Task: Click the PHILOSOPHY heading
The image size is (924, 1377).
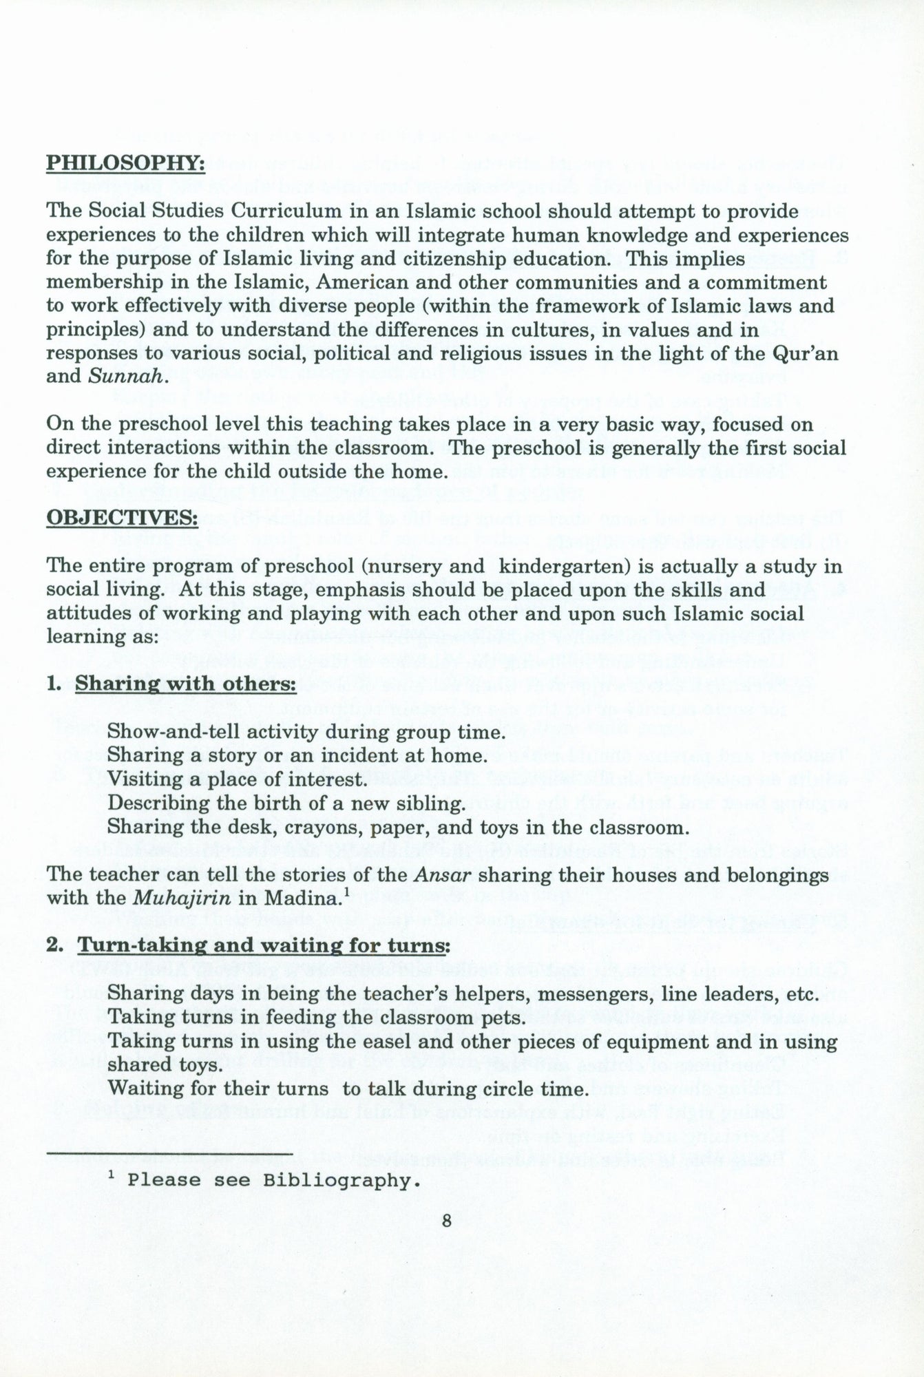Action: [x=125, y=165]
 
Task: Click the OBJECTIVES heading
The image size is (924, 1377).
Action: [x=121, y=516]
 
